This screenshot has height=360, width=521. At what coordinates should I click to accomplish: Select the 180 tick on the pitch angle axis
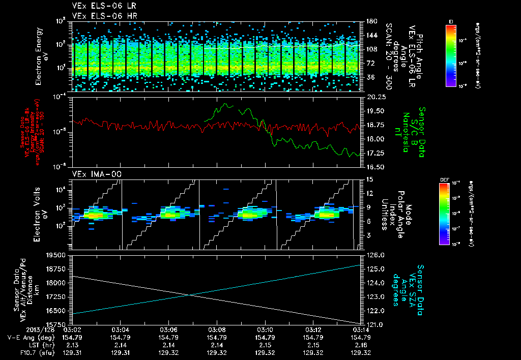click(x=370, y=21)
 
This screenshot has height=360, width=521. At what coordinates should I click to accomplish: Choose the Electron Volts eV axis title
click(x=43, y=212)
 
